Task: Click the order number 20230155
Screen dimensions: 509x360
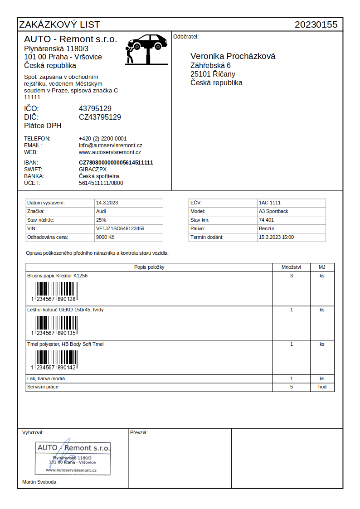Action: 316,24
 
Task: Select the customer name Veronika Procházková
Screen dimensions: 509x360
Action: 233,56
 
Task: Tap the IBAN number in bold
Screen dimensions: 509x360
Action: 116,163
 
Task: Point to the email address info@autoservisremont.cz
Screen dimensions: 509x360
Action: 111,145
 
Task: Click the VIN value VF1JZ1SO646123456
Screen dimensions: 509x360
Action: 120,228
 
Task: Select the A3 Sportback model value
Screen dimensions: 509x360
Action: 273,211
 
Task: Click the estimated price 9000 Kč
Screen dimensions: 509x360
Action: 105,237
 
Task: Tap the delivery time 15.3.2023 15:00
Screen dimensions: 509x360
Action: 276,237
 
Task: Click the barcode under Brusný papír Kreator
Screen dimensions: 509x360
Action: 55,291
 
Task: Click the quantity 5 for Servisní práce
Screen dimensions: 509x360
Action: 292,387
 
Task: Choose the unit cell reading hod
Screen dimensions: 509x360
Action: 322,387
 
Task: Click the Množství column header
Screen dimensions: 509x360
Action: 292,267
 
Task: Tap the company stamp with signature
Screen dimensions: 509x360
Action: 73,458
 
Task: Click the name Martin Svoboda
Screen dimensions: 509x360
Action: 39,482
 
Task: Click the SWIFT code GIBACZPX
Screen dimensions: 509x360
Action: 92,170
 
